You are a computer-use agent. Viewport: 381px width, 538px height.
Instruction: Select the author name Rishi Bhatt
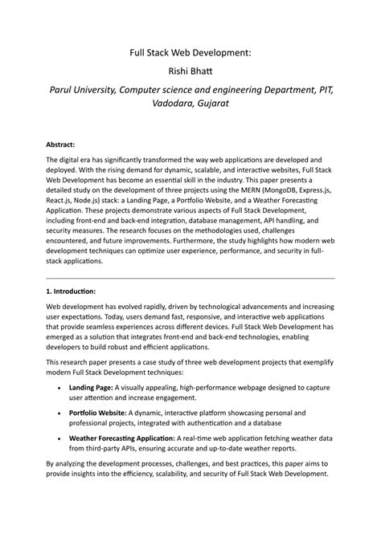pos(190,71)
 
